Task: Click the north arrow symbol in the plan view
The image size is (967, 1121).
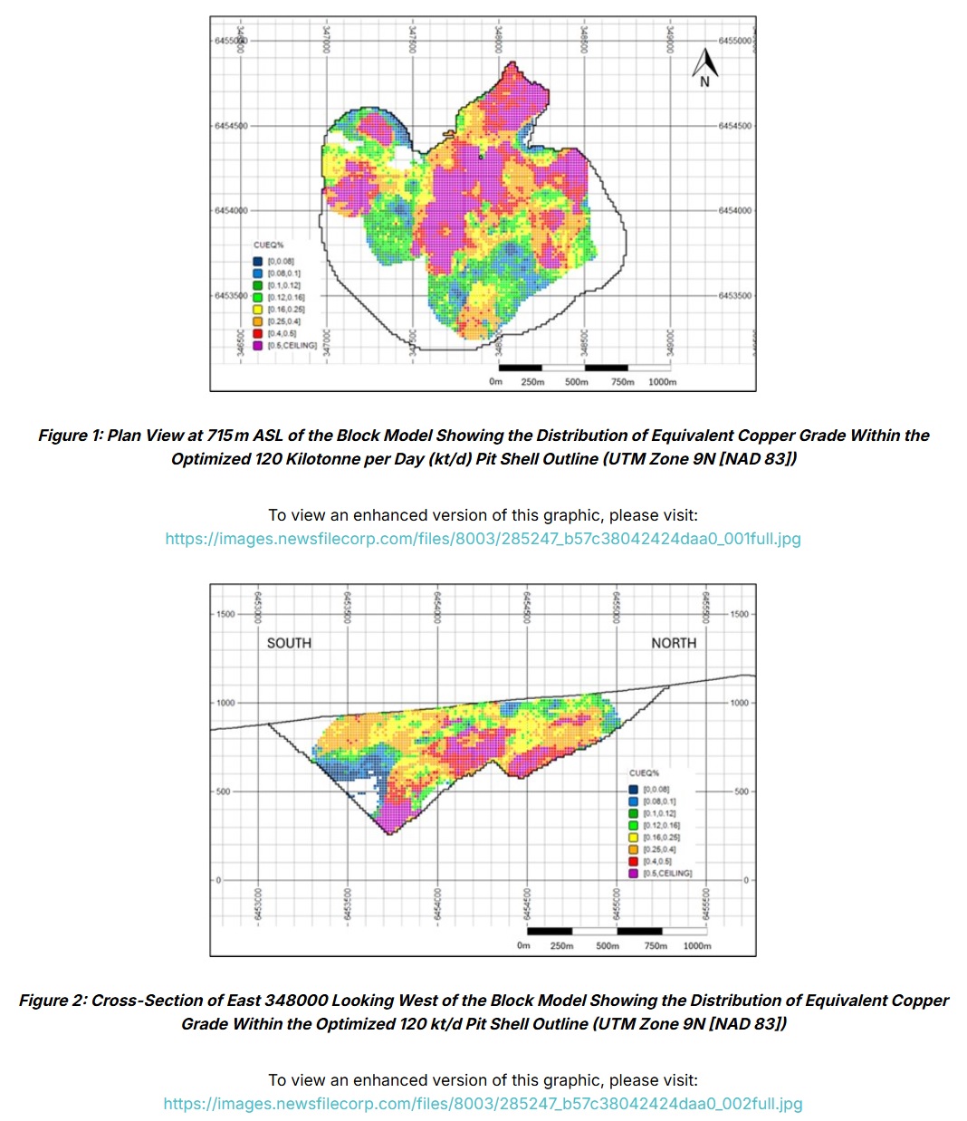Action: point(705,65)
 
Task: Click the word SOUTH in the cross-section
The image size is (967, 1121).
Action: point(289,643)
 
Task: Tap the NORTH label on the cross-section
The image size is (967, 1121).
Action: point(674,643)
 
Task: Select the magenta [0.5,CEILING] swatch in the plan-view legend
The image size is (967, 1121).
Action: point(257,346)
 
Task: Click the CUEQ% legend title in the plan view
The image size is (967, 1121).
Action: point(268,245)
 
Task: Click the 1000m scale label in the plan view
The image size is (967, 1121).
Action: point(662,382)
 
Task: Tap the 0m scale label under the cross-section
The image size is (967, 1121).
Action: point(523,946)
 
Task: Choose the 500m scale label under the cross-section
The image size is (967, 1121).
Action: point(608,946)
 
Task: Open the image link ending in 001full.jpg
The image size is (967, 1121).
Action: point(483,539)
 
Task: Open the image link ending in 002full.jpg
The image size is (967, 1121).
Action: point(483,1104)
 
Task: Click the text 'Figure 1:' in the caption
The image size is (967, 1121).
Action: point(70,436)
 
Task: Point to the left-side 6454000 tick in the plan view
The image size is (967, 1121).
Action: point(230,211)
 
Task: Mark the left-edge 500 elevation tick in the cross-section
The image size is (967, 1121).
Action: point(225,791)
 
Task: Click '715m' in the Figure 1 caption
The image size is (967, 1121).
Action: point(227,436)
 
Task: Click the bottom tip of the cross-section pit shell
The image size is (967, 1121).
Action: point(388,834)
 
